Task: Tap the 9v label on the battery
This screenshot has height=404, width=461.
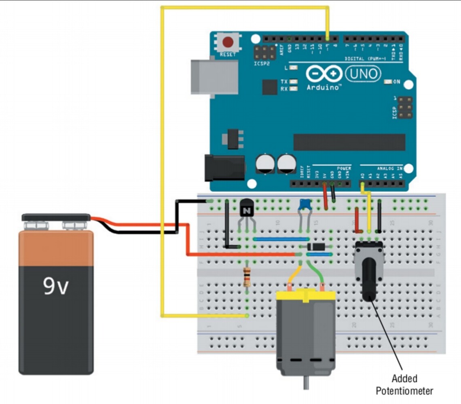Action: coord(56,287)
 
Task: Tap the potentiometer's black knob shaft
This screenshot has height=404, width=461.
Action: coord(369,279)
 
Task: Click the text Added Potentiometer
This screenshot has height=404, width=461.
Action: coord(404,385)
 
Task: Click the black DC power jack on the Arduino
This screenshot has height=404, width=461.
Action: coord(224,168)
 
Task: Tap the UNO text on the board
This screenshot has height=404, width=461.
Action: coord(363,74)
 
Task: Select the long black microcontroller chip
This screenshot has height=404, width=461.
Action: coord(349,142)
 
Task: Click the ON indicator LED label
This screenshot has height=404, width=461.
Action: coord(396,82)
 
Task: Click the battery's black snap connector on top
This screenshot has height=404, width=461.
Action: coord(56,218)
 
